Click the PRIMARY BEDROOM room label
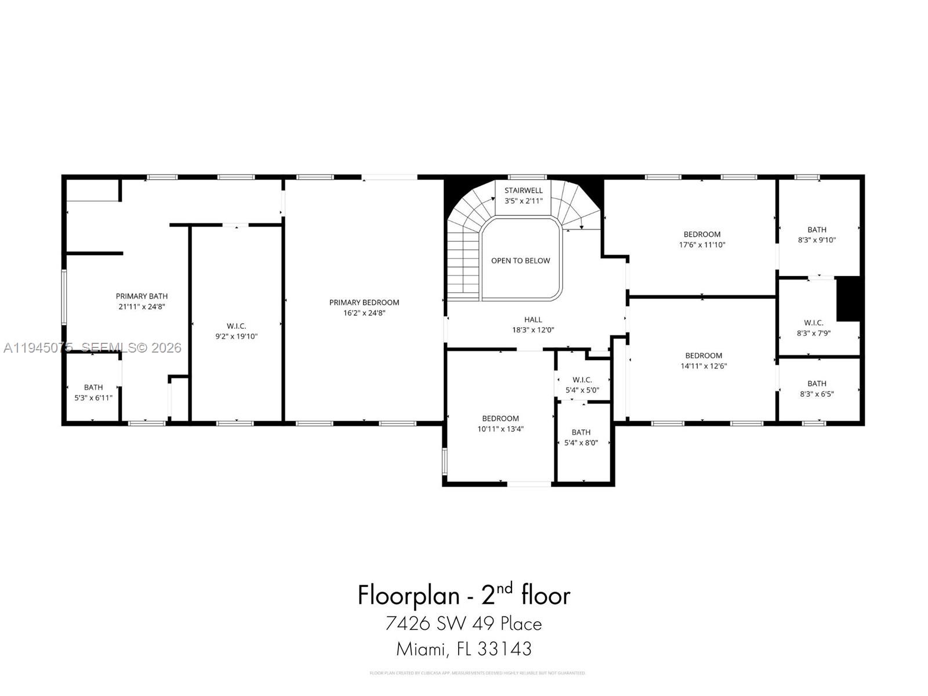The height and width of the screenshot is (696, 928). click(x=364, y=302)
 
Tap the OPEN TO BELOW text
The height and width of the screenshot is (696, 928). click(x=520, y=260)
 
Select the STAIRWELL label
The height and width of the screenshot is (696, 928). click(x=523, y=190)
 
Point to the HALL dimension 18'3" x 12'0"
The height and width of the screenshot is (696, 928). click(x=533, y=329)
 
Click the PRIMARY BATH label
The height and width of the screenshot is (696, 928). click(x=142, y=296)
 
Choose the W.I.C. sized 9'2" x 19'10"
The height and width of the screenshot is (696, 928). click(x=236, y=331)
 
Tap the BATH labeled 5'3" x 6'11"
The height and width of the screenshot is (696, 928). click(x=93, y=392)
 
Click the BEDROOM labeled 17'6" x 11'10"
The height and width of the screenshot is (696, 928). click(x=702, y=239)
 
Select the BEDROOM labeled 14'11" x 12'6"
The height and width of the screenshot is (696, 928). click(x=704, y=360)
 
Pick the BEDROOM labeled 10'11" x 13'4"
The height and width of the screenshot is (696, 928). click(x=501, y=423)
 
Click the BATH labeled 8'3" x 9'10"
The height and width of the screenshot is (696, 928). click(x=817, y=234)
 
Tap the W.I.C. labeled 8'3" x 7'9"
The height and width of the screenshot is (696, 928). click(x=814, y=328)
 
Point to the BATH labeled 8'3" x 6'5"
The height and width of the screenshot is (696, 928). click(x=817, y=388)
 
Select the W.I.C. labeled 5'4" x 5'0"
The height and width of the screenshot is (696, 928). click(x=582, y=385)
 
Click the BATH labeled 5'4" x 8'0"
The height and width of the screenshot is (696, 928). click(x=581, y=437)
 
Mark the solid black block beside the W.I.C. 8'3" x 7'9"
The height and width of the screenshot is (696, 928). click(x=848, y=299)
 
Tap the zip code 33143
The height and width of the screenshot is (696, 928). click(x=504, y=648)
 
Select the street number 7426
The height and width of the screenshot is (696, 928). click(x=407, y=623)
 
